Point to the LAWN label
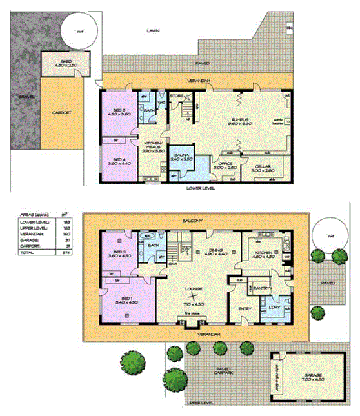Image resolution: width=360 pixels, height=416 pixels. [x=152, y=30]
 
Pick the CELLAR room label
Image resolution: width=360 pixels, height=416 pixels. [x=260, y=166]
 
